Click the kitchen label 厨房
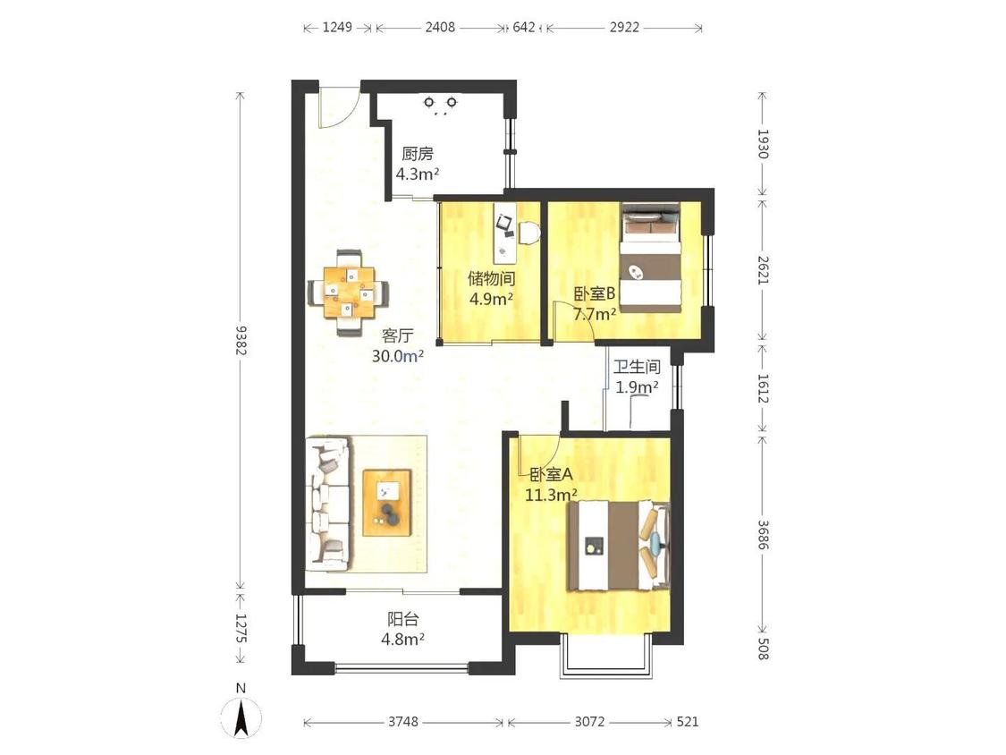(x=418, y=154)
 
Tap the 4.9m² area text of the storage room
(x=492, y=299)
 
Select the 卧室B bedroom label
(x=595, y=294)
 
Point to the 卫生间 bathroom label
(x=637, y=368)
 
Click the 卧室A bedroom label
(x=551, y=475)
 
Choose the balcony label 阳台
(x=403, y=620)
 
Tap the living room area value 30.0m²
(x=398, y=356)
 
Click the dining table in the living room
(x=349, y=293)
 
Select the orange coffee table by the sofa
(x=387, y=503)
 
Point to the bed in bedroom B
(x=651, y=259)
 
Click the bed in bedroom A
(x=618, y=546)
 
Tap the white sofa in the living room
(x=330, y=504)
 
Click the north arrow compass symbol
(x=241, y=717)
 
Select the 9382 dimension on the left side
(x=241, y=340)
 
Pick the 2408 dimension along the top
(x=440, y=28)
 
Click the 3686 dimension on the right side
(x=763, y=534)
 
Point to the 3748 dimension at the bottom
(x=403, y=722)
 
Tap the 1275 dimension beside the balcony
(x=241, y=627)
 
